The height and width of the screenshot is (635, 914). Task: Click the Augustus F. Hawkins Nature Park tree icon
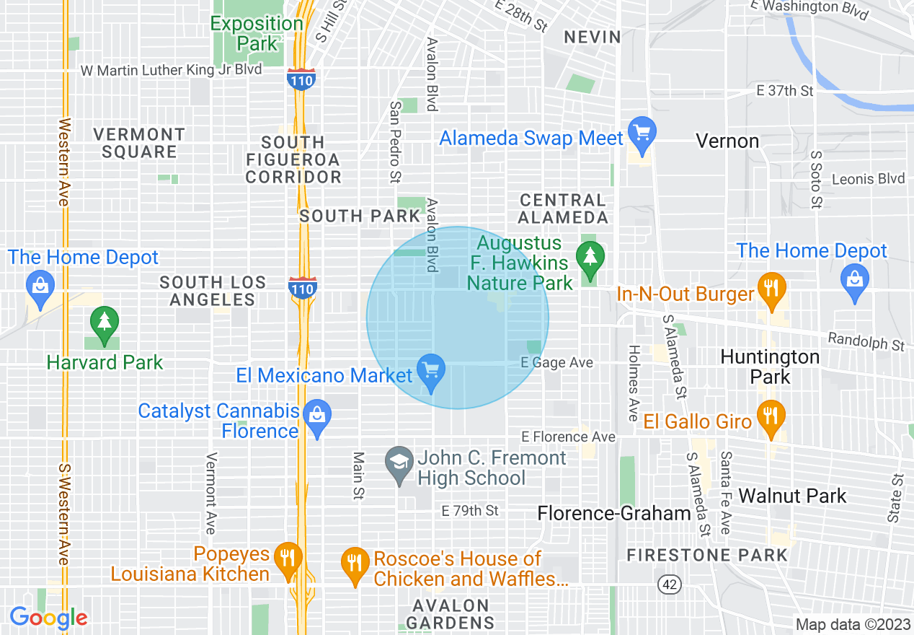click(x=590, y=256)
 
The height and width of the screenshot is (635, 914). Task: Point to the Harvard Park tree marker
click(x=105, y=321)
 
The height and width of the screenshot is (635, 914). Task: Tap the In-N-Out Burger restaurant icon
click(x=771, y=288)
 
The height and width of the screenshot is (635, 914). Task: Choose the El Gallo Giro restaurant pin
click(x=771, y=416)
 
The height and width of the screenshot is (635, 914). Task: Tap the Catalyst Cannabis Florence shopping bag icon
click(x=316, y=416)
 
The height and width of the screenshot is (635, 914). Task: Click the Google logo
click(x=48, y=618)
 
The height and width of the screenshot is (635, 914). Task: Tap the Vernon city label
click(x=727, y=141)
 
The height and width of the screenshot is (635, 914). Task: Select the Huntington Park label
click(x=770, y=367)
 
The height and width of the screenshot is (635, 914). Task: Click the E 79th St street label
click(x=470, y=511)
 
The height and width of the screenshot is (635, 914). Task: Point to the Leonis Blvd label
click(x=868, y=179)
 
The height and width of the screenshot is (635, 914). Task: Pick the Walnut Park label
click(x=793, y=496)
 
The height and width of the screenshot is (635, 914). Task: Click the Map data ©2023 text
click(x=852, y=625)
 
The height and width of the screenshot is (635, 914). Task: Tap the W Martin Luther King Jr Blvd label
click(x=171, y=70)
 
